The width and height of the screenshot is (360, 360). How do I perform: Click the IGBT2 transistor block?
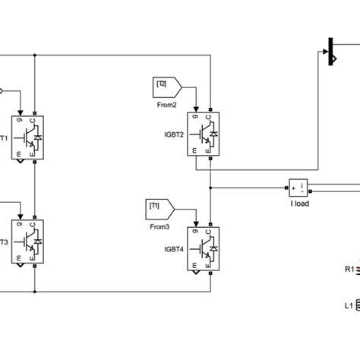coord(203,135)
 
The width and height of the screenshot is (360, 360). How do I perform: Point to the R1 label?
coord(349,269)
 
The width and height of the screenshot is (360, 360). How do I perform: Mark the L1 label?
coord(349,307)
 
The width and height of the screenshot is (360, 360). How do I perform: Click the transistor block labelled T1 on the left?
coord(28,135)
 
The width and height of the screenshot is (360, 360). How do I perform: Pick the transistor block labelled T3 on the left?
coord(28,242)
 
